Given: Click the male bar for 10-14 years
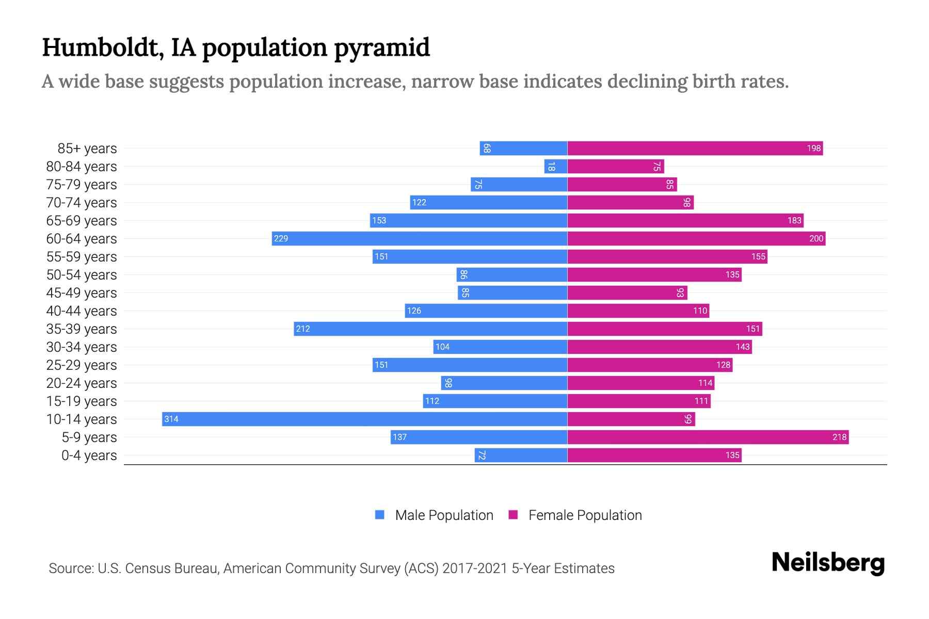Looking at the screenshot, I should pyautogui.click(x=364, y=419).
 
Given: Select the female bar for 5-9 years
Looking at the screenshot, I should pyautogui.click(x=708, y=437).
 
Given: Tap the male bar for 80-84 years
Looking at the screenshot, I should pyautogui.click(x=555, y=166).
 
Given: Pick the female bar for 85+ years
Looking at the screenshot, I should pyautogui.click(x=695, y=148).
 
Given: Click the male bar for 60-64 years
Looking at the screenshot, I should pyautogui.click(x=419, y=238).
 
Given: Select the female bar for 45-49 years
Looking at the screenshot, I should pyautogui.click(x=627, y=292).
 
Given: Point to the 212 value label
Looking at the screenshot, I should pyautogui.click(x=303, y=329).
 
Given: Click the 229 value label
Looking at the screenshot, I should pyautogui.click(x=281, y=238).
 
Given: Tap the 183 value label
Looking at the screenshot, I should pyautogui.click(x=794, y=220).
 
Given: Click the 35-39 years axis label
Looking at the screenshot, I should pyautogui.click(x=82, y=329).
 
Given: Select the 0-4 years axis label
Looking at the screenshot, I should pyautogui.click(x=89, y=455).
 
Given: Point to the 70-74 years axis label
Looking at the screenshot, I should pyautogui.click(x=82, y=202).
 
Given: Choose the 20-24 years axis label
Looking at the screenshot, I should pyautogui.click(x=82, y=383).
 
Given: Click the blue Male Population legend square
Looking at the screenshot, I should pyautogui.click(x=380, y=515).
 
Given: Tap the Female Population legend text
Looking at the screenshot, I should pyautogui.click(x=585, y=515).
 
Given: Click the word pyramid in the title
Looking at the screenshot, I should pyautogui.click(x=381, y=47).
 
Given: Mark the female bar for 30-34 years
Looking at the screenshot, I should pyautogui.click(x=660, y=347).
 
